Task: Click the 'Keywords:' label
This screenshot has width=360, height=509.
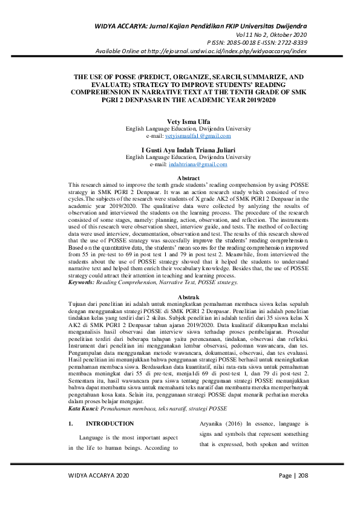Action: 84,282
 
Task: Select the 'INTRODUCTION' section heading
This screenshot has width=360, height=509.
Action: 110,407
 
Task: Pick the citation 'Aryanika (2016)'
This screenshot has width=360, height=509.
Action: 220,407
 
